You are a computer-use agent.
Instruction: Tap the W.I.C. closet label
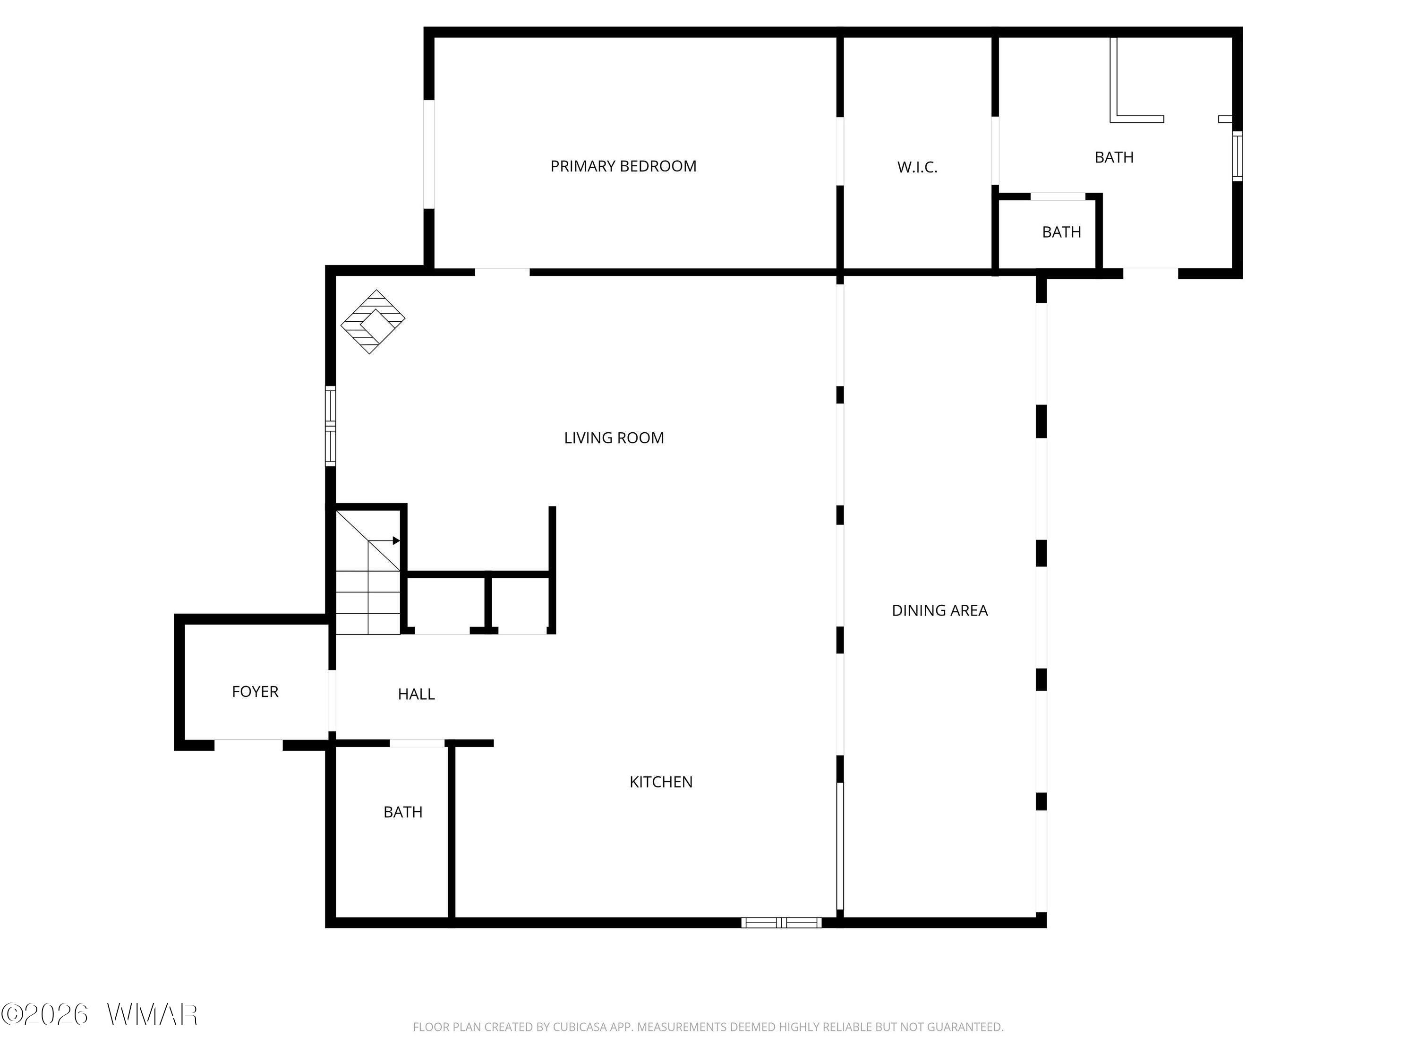point(917,167)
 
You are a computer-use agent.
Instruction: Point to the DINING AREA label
point(940,610)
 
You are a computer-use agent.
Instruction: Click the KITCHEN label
point(661,782)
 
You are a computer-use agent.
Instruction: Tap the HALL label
point(417,694)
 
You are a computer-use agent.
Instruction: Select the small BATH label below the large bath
point(1061,232)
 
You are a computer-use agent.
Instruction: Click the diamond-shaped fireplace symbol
point(373,322)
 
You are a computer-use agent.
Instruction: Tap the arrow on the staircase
point(384,541)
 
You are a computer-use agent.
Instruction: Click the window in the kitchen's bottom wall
point(782,923)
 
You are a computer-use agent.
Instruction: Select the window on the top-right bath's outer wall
point(1238,156)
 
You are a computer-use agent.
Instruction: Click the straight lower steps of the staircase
point(368,602)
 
